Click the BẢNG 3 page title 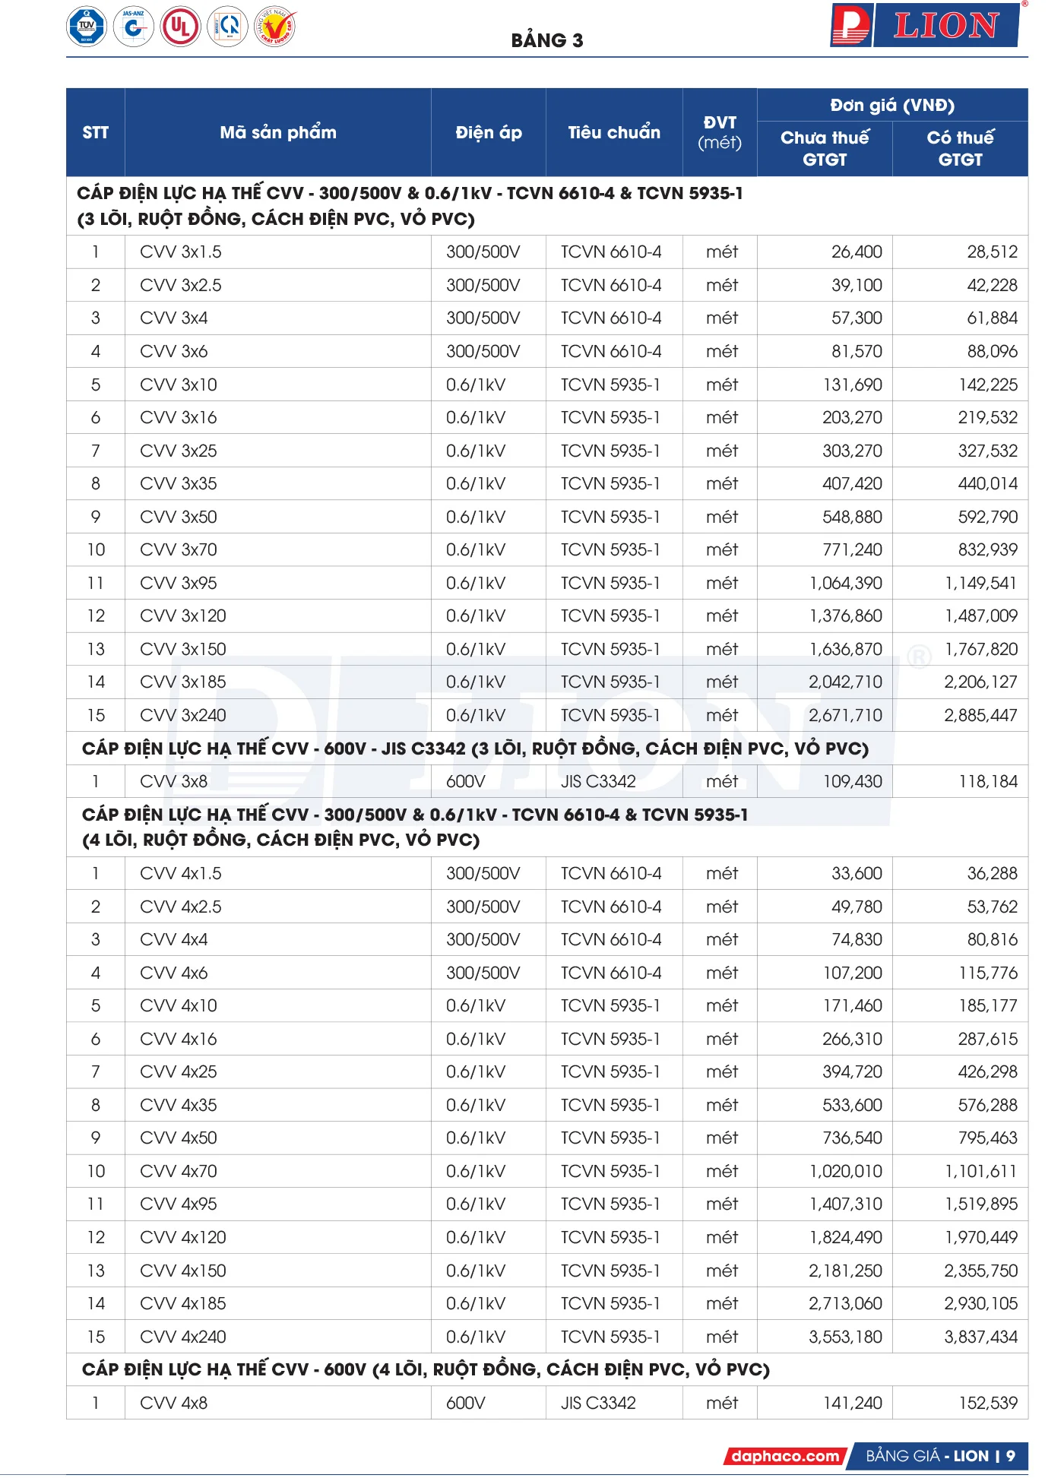tap(546, 40)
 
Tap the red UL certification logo tap(180, 27)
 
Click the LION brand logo tap(925, 26)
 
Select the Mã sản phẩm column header tap(277, 132)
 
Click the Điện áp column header tap(488, 132)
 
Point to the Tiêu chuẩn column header tap(613, 132)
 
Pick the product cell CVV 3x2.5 tap(181, 285)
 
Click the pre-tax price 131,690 tap(852, 385)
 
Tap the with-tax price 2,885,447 tap(980, 715)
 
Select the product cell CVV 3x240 tap(183, 715)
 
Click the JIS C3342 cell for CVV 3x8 tap(598, 781)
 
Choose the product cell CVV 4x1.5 tap(181, 873)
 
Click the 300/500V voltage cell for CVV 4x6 tap(483, 973)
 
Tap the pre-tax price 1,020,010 tap(845, 1171)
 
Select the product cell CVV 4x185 tap(183, 1303)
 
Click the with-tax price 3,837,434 tap(980, 1337)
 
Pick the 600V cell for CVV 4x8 tap(465, 1403)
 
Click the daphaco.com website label tap(785, 1456)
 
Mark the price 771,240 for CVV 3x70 tap(852, 549)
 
